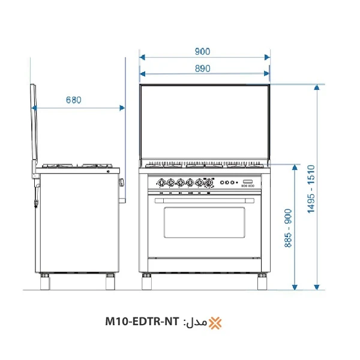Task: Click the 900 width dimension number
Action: click(202, 52)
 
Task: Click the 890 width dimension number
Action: click(202, 68)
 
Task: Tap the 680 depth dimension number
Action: click(73, 100)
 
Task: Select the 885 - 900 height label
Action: click(288, 229)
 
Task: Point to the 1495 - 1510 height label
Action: click(311, 189)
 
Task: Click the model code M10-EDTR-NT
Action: click(142, 323)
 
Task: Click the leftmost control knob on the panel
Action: click(161, 182)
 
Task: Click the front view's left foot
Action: click(146, 281)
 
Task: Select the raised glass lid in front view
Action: click(204, 123)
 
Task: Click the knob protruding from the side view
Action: click(122, 182)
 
